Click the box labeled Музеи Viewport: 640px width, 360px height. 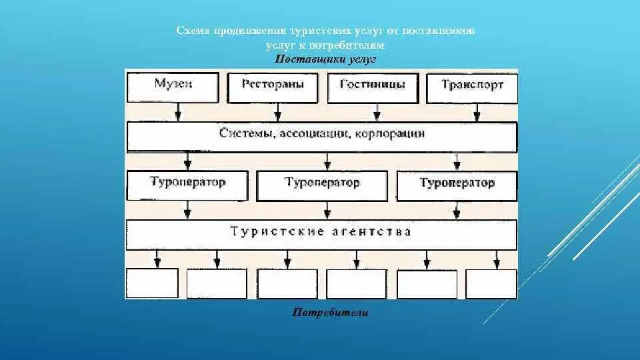tap(173, 86)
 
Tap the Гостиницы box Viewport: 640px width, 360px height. tap(371, 86)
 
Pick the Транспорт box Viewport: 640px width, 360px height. tap(472, 87)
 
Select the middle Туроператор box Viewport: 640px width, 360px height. tap(322, 184)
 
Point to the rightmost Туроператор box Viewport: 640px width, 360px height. tap(457, 184)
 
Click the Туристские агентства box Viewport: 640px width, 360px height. tap(321, 233)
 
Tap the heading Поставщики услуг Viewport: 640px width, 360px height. tap(325, 59)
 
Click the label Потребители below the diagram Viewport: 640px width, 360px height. tap(330, 312)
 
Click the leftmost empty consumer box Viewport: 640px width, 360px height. tap(152, 283)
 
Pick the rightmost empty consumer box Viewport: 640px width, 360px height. tap(491, 283)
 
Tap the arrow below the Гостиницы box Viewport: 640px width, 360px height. tap(378, 111)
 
